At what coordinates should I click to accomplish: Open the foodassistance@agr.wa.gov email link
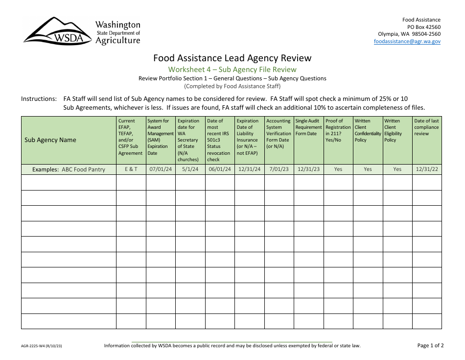(407, 42)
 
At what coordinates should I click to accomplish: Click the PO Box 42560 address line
(423, 27)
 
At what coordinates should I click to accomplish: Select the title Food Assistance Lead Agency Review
(232, 58)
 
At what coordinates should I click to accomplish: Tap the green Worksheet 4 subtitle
(232, 69)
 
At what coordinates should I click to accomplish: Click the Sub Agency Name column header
(50, 140)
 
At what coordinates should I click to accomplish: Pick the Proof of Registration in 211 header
(338, 130)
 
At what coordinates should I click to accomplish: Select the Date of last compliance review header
(426, 127)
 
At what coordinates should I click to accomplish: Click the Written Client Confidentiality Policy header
(368, 130)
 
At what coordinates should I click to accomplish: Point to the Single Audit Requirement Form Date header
(308, 127)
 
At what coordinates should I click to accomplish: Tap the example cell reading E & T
(131, 169)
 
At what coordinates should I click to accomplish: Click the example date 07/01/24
(160, 169)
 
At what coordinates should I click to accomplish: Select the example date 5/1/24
(189, 169)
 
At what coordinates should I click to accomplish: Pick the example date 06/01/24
(219, 169)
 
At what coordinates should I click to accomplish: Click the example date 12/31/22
(426, 169)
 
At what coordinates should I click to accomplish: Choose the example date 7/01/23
(279, 169)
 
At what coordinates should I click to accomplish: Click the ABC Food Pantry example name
(83, 169)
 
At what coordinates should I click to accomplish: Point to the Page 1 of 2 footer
(430, 345)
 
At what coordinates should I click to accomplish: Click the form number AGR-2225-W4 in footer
(42, 346)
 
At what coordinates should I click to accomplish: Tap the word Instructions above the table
(39, 98)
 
